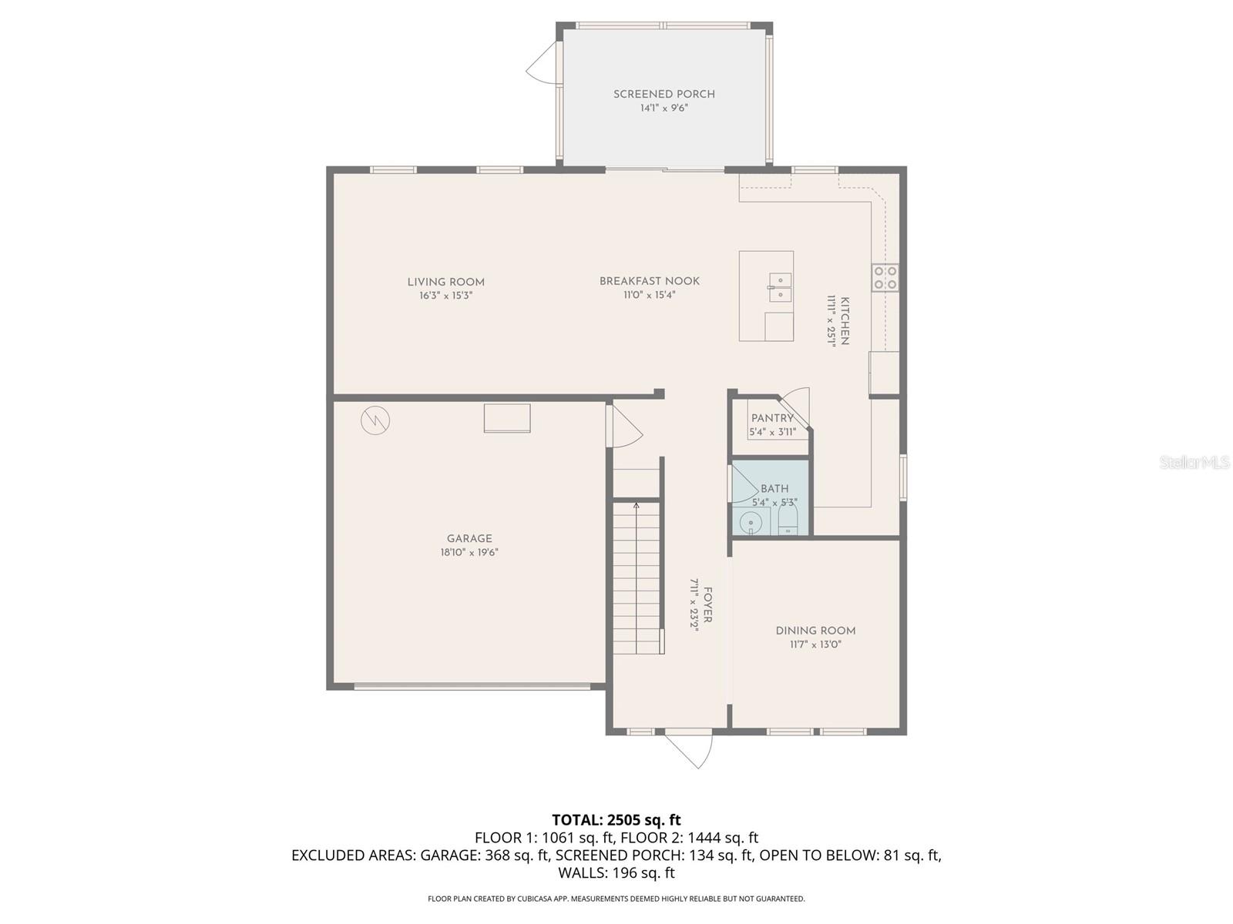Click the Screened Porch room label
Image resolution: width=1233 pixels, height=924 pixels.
pos(664,94)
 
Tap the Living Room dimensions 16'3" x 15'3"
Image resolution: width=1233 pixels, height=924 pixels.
pos(445,296)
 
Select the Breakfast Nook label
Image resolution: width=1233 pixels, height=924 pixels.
pos(650,281)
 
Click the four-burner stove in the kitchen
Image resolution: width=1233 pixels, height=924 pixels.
pos(884,277)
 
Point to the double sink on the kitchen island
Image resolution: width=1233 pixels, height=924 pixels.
pos(779,287)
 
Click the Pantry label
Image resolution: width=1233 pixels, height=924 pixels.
pos(772,418)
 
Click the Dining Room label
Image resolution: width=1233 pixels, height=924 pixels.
pos(815,631)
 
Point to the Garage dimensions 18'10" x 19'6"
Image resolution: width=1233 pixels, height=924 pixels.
pos(469,552)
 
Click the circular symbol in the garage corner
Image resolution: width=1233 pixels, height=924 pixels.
pos(375,420)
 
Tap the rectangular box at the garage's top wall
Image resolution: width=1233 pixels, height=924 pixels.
pos(506,418)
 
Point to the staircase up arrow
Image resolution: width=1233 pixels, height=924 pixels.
pos(636,506)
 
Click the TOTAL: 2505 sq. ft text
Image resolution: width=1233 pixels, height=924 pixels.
pos(616,820)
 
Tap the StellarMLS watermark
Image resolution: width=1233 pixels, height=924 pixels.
pos(1194,463)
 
